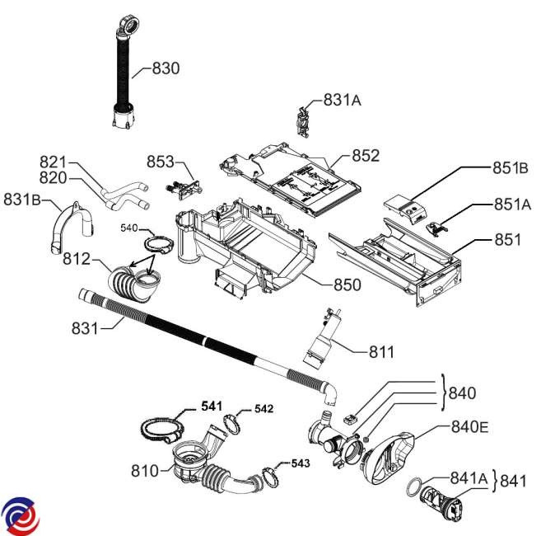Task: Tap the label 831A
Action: (343, 101)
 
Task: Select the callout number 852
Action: (366, 155)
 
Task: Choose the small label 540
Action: (130, 228)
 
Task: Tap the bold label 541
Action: (212, 406)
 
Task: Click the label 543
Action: (301, 463)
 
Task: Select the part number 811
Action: (380, 352)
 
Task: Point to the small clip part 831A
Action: (304, 119)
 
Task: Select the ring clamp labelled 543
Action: (271, 475)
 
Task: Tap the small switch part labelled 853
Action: (181, 186)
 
